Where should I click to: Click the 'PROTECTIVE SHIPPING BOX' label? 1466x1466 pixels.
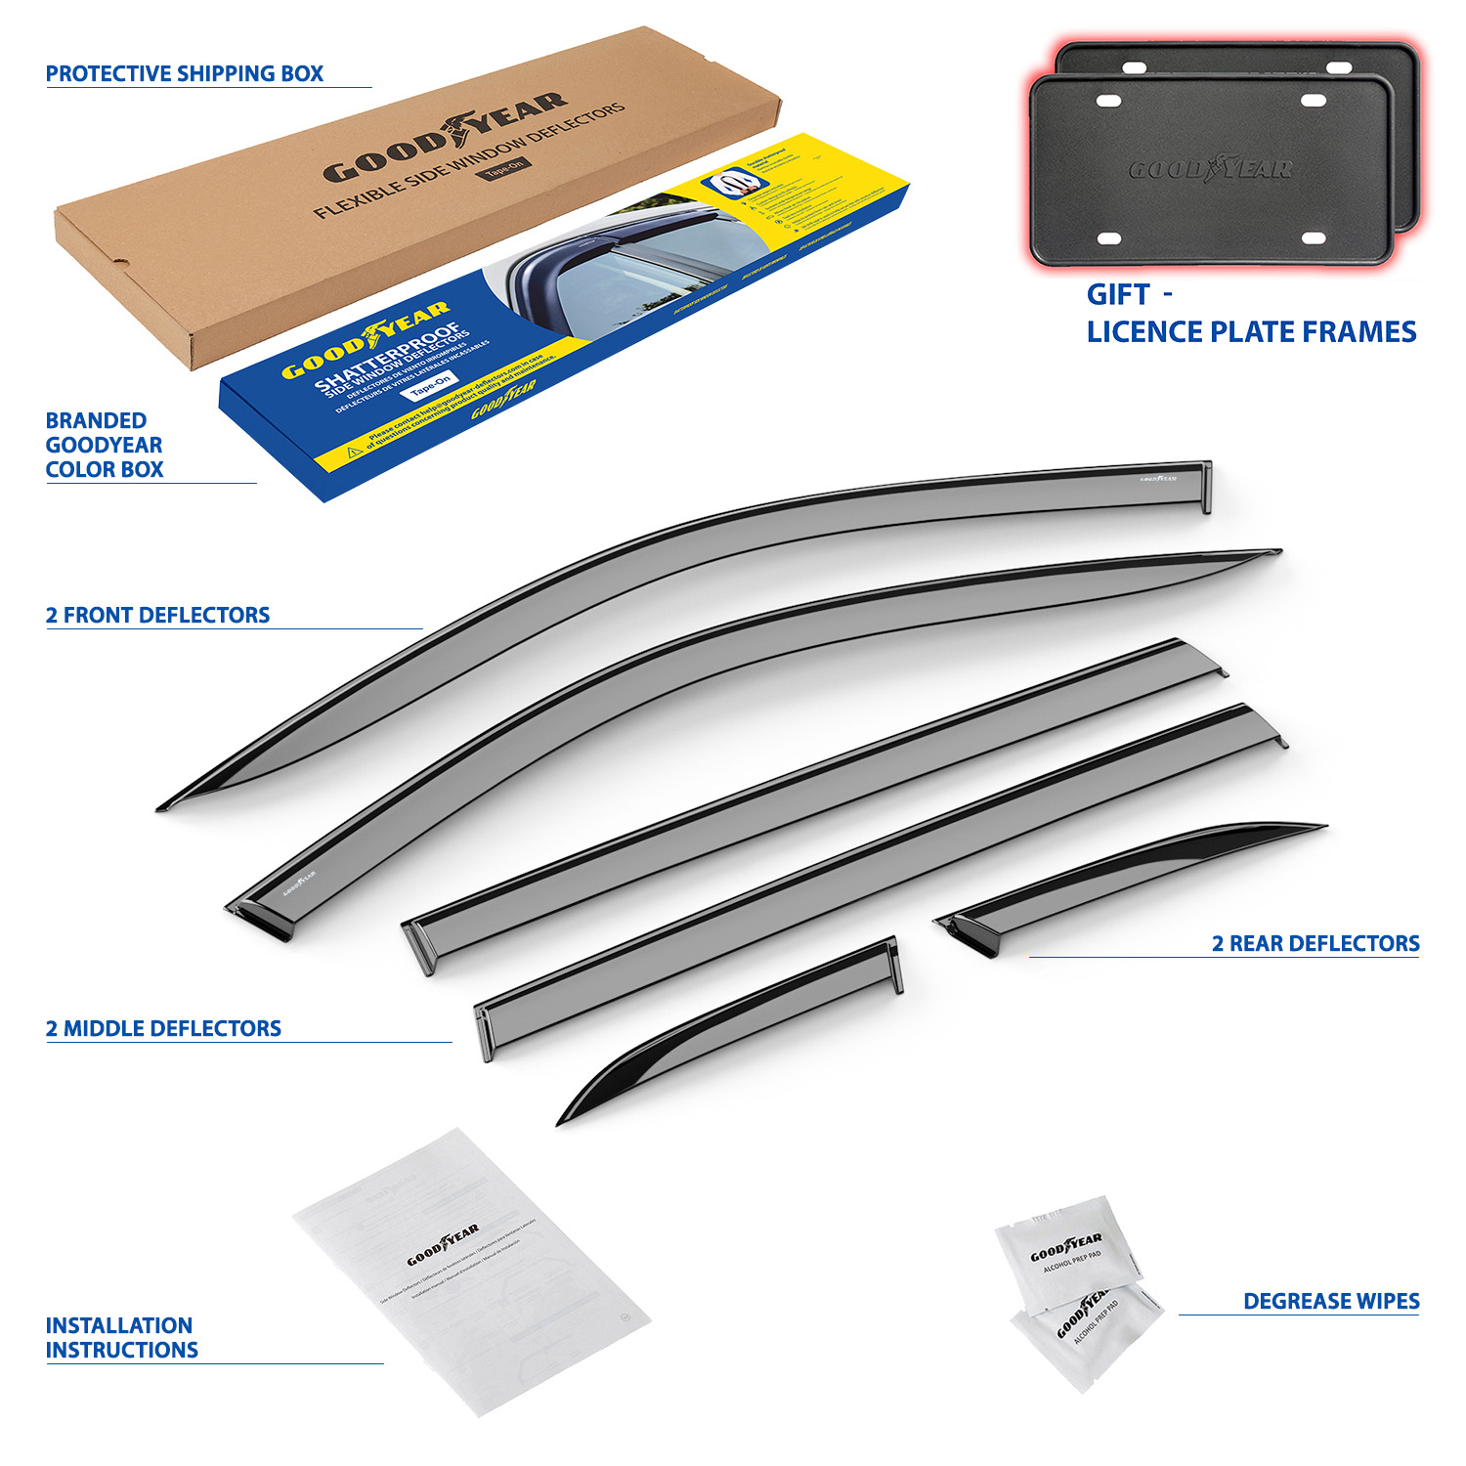[x=184, y=74]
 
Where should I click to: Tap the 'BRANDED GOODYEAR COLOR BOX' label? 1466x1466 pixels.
[x=104, y=445]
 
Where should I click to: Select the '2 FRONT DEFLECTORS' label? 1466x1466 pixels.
[x=157, y=616]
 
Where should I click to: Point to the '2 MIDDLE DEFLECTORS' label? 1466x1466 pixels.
[x=163, y=1029]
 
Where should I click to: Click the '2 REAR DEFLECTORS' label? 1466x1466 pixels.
[x=1315, y=944]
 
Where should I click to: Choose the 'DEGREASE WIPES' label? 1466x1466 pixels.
[x=1331, y=1302]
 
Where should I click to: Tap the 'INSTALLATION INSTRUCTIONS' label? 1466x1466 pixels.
[x=121, y=1338]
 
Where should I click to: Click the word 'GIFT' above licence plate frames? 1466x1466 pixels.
[x=1118, y=295]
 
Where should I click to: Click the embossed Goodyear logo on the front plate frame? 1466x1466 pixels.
[x=1210, y=169]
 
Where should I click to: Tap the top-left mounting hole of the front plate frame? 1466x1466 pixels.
[x=1108, y=101]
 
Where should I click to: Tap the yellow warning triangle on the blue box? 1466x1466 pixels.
[x=355, y=453]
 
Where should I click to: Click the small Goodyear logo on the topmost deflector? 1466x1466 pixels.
[x=1158, y=479]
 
